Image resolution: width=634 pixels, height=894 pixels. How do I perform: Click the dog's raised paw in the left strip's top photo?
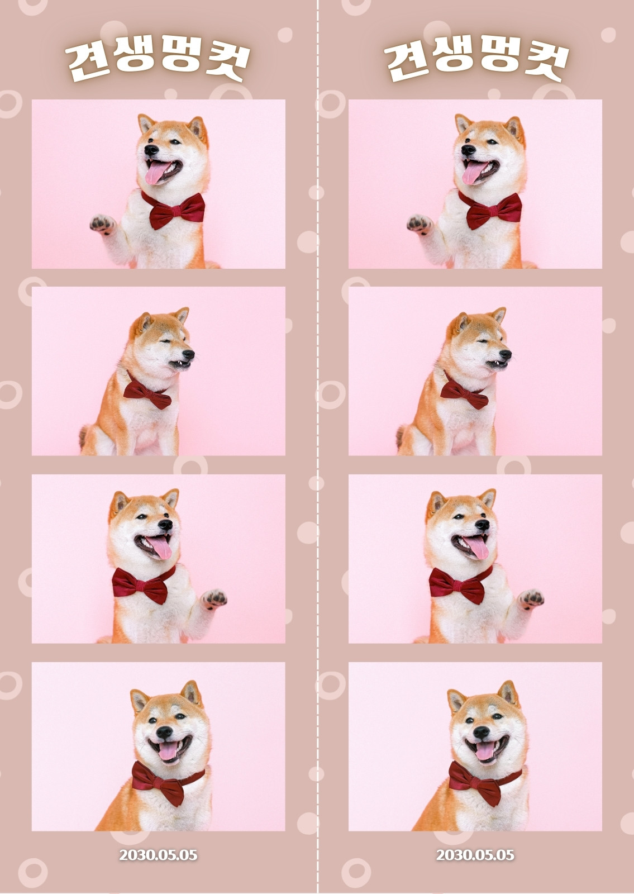102,224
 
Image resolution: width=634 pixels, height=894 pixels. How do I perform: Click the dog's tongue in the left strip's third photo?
160,547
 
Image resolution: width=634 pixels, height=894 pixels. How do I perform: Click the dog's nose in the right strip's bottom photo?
481,732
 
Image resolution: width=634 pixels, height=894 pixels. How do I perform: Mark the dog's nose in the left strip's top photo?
151,150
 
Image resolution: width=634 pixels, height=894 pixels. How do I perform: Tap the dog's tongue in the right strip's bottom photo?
484,750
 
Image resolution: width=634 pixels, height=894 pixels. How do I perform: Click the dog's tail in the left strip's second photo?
84,436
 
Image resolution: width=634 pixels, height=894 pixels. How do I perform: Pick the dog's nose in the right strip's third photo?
482,525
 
